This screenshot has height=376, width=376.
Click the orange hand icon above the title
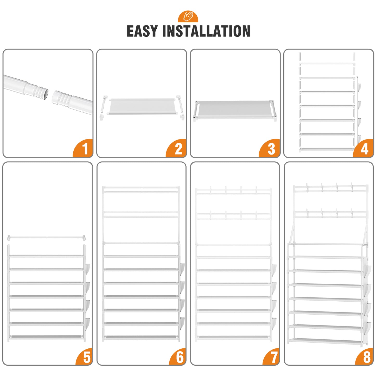coord(188,17)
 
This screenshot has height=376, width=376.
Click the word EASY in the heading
coord(142,31)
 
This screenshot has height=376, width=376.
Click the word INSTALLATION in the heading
coord(206,31)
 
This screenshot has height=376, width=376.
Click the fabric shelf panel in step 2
coord(142,106)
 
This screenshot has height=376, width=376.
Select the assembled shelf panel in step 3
coord(235,110)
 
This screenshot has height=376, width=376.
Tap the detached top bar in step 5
coord(46,238)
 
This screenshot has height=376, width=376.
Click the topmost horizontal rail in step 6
coord(141,188)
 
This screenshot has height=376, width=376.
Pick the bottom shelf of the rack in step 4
coord(327,149)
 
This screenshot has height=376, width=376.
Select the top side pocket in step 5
coord(88,270)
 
